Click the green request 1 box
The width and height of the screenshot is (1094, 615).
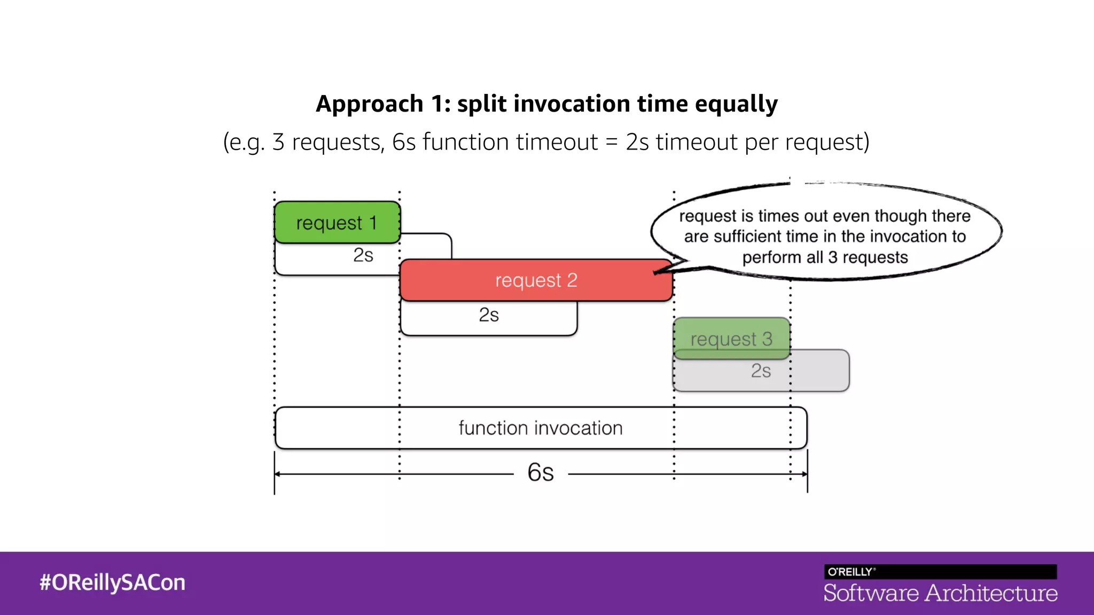click(337, 222)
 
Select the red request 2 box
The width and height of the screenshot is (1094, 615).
click(536, 280)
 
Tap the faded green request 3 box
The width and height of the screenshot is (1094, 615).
click(731, 338)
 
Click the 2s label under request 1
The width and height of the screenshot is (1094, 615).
click(363, 255)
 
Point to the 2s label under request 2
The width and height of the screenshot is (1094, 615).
click(489, 315)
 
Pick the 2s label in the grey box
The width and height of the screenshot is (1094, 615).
click(761, 371)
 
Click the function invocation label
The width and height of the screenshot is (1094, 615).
click(541, 428)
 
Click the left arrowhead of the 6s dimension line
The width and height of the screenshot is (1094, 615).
click(278, 474)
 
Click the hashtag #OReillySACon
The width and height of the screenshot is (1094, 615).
click(112, 582)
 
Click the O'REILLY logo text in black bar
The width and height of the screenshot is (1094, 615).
click(850, 572)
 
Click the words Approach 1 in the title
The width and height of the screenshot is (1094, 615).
click(383, 104)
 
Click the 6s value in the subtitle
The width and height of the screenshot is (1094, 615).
click(404, 142)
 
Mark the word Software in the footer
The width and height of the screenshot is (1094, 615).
click(871, 593)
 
